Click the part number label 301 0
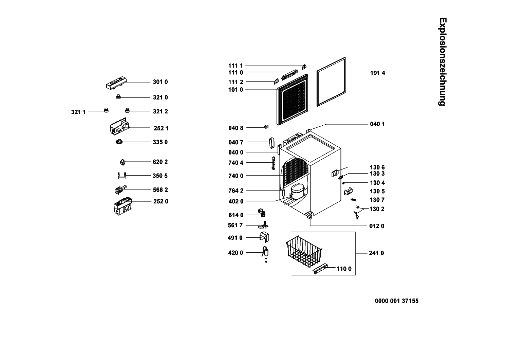[160, 82]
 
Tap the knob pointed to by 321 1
[106, 110]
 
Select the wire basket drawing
[304, 252]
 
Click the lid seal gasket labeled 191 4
[331, 82]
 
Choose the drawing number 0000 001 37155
[397, 301]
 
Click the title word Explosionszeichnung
[442, 61]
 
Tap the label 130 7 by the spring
[377, 200]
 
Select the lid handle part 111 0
[289, 75]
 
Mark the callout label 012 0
[377, 226]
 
